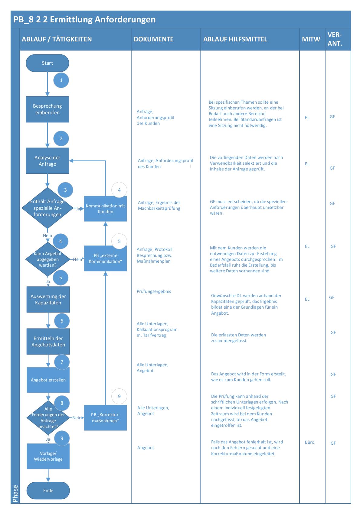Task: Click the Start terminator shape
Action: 47,63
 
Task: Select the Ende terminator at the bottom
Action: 48,491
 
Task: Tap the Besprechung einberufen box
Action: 47,109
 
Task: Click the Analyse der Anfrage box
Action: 47,161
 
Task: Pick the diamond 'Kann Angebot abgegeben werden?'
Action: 47,259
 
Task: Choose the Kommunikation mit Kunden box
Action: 105,209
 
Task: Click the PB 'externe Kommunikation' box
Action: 105,258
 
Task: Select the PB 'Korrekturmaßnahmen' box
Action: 105,418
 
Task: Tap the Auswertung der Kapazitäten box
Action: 48,300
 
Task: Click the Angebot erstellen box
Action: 48,380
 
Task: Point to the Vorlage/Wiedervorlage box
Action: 48,456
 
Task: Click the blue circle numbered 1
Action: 61,80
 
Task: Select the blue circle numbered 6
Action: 62,321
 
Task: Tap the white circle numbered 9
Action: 119,397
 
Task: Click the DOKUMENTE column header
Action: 154,39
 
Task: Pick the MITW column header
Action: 311,39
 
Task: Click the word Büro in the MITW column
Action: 309,442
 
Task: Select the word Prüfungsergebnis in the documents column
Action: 154,292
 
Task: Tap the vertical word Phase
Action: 15,494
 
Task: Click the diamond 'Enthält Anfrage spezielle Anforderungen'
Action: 47,208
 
